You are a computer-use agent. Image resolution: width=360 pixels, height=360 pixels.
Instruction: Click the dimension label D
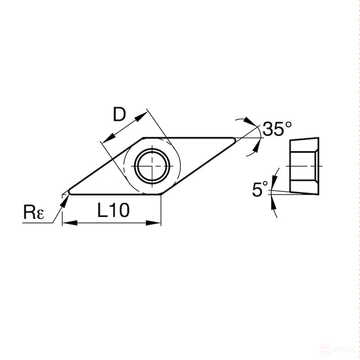pos(119,115)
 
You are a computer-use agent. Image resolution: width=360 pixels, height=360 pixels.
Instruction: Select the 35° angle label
pos(277,129)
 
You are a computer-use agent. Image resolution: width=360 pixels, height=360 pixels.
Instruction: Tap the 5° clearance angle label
pos(260,189)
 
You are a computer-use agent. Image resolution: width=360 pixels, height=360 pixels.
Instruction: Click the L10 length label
pos(113,210)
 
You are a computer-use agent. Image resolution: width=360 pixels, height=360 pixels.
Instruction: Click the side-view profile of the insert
pos(305,165)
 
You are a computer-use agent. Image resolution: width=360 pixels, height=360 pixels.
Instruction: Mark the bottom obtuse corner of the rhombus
pos(160,194)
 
